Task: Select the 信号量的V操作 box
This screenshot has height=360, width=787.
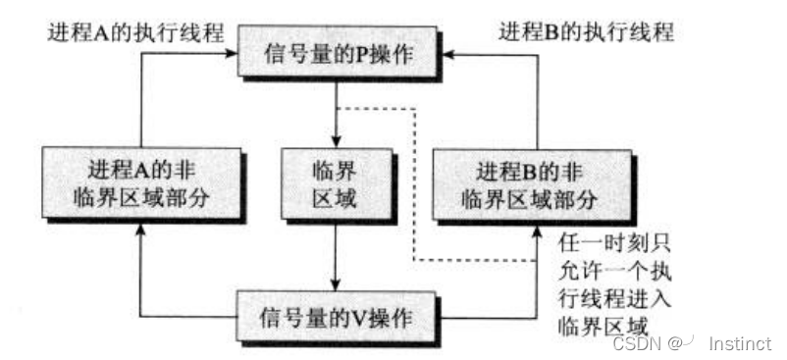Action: click(x=337, y=320)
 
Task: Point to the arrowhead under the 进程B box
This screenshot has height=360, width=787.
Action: click(x=537, y=229)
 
